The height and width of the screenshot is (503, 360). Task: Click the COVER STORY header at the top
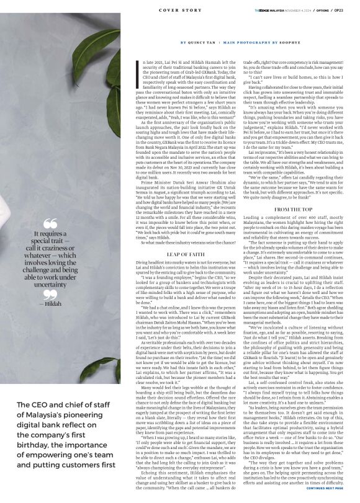(179, 11)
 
